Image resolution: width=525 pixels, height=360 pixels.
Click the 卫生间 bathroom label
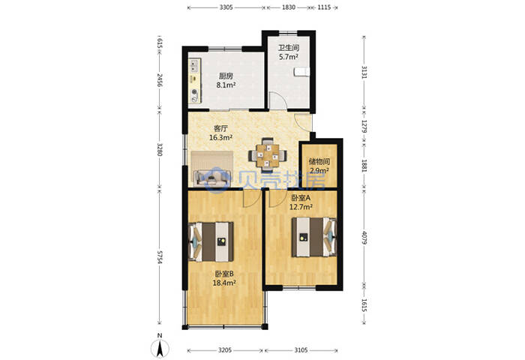[289, 48]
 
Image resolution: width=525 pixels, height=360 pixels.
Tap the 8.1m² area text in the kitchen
[226, 85]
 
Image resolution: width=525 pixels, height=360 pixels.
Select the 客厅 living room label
[221, 128]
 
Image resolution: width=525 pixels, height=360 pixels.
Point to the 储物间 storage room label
[319, 162]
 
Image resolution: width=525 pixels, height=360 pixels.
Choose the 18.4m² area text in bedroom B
[224, 283]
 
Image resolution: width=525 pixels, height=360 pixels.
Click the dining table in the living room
[268, 155]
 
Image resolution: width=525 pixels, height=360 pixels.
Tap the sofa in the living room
[212, 169]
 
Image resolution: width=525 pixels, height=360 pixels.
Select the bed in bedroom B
[211, 241]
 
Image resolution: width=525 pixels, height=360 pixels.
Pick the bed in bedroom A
[314, 237]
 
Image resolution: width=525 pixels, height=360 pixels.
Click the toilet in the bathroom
[301, 72]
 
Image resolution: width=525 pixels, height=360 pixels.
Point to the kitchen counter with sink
[195, 81]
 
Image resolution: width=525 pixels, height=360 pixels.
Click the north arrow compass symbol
[160, 347]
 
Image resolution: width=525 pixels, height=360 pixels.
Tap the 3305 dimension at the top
[226, 7]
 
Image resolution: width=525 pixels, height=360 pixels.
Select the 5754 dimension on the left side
[160, 257]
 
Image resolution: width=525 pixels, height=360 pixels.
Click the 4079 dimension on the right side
[364, 237]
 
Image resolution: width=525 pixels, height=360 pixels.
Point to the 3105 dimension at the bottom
[301, 350]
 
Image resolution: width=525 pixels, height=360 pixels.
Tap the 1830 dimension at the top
[289, 7]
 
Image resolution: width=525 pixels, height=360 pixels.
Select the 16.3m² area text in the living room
[221, 137]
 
